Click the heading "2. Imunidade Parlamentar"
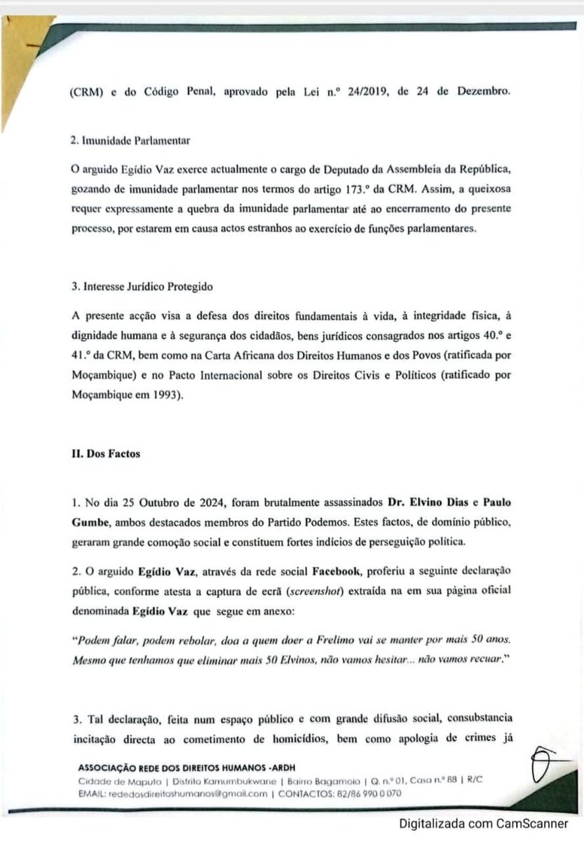pos(131,139)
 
